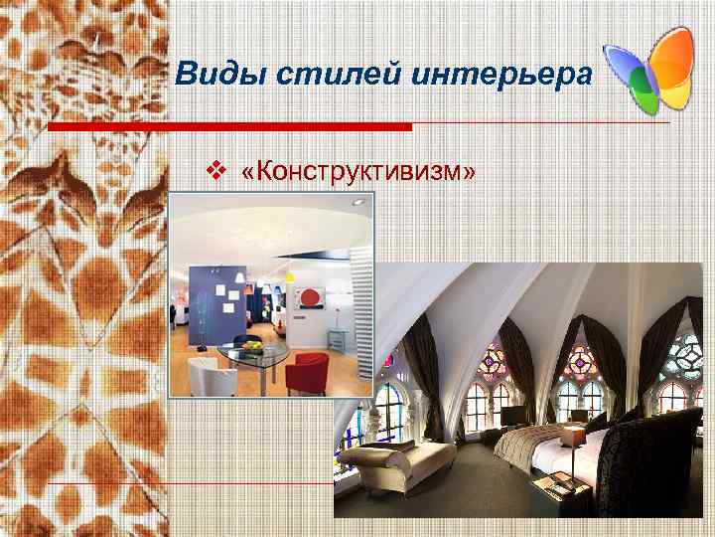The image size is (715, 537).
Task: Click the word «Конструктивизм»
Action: pos(357,172)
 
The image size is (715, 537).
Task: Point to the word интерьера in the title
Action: pos(488,72)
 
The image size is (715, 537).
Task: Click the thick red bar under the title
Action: pos(229,127)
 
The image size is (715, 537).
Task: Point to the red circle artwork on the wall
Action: pos(309,297)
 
